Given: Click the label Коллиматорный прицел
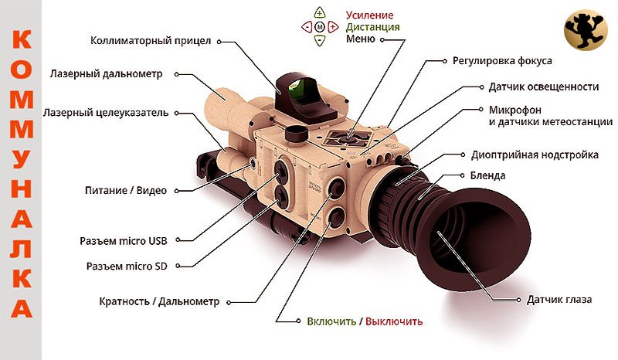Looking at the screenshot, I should coord(151,41).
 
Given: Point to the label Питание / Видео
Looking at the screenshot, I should coord(125,189).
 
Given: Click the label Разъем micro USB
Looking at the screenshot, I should coord(123,240).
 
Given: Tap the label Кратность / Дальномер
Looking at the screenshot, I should coord(160,301).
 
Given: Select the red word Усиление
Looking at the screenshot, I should coord(369,15).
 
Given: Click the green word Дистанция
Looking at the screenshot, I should coord(373,27).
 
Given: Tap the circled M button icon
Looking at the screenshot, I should coord(320,27).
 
